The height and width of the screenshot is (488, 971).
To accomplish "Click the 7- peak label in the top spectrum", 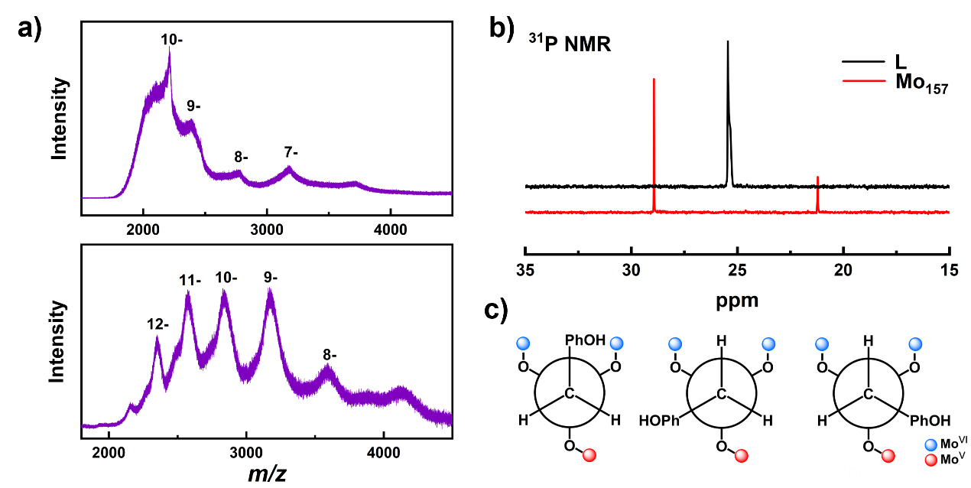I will coord(291,152).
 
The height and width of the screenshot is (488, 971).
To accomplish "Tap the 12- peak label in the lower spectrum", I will coord(158,324).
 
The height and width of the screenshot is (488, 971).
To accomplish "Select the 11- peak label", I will coord(189,281).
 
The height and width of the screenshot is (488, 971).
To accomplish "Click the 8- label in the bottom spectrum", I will coord(330,354).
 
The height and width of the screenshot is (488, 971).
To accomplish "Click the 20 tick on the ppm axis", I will coord(843,270).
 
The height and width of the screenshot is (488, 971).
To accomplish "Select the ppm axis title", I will coord(737,299).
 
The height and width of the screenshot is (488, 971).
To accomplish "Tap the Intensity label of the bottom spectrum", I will coord(58,341).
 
